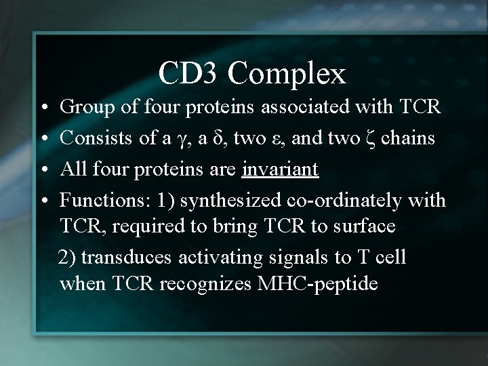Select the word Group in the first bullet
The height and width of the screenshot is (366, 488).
(x=82, y=106)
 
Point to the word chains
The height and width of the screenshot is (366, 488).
(x=409, y=138)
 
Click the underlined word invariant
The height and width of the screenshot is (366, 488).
(x=280, y=169)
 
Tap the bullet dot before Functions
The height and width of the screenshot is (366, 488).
(x=43, y=201)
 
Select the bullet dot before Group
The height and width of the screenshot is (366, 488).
(x=43, y=108)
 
